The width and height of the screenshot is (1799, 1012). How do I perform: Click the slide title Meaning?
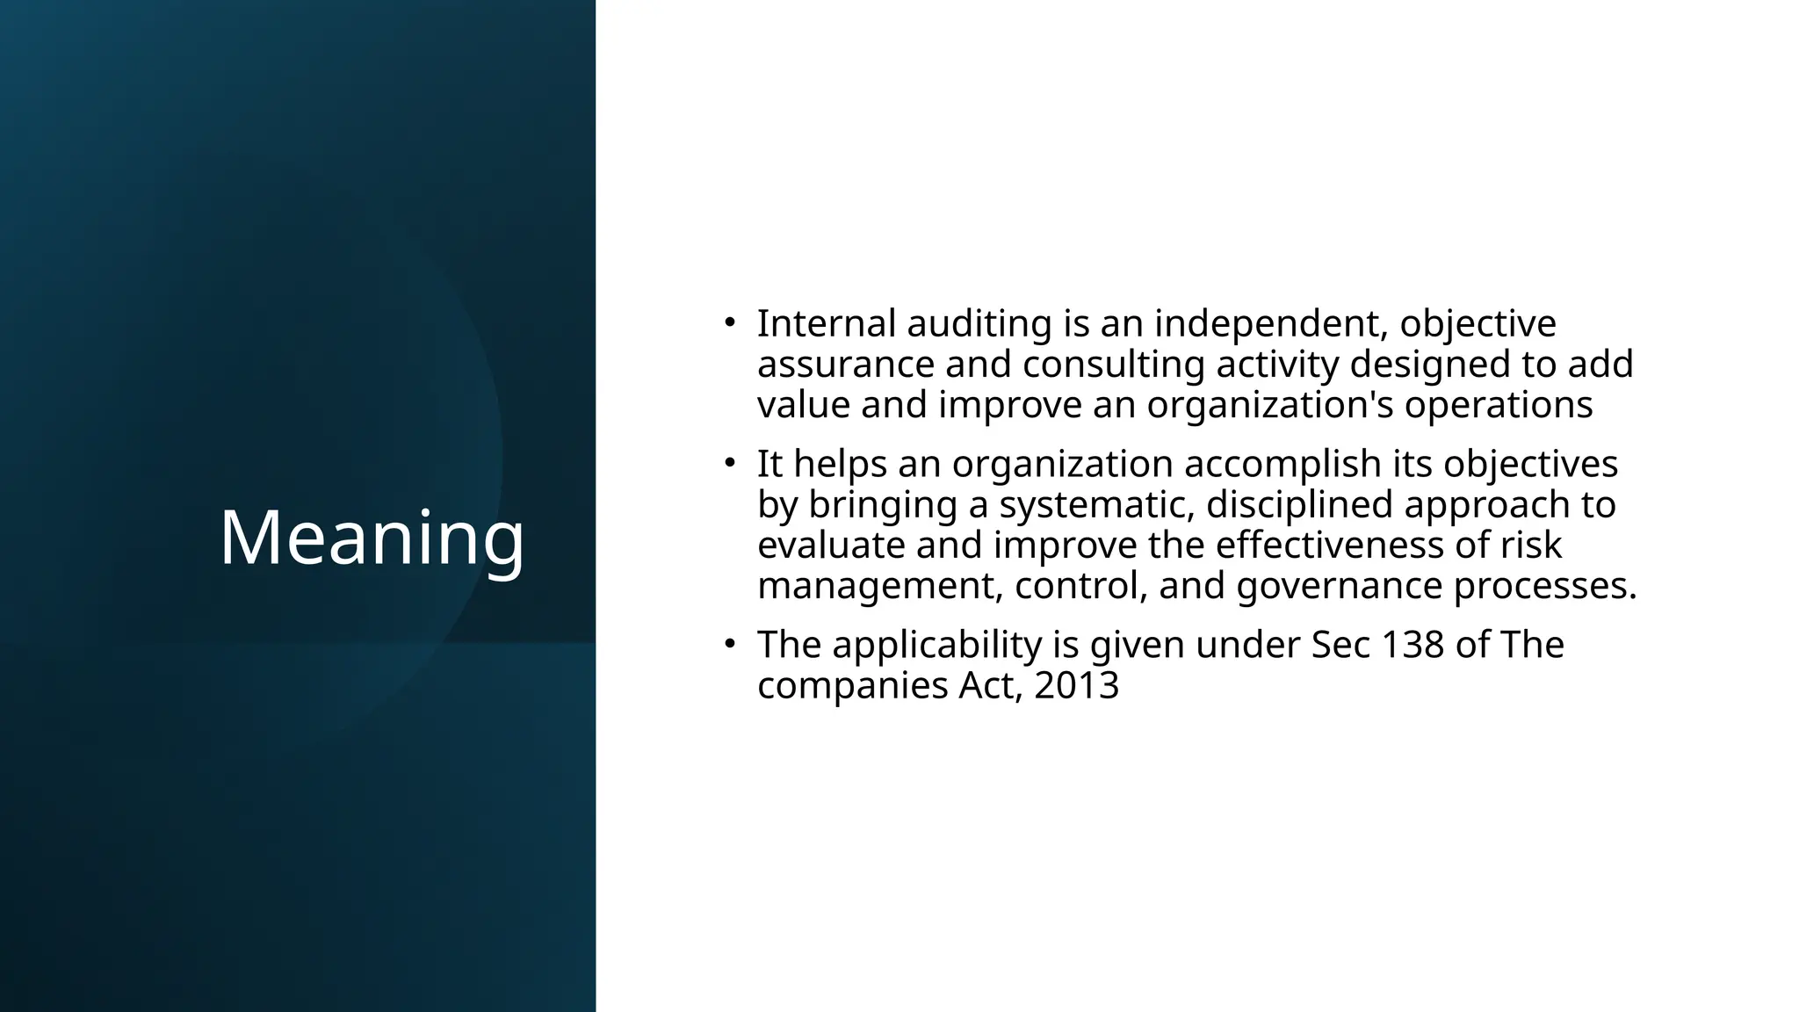click(372, 538)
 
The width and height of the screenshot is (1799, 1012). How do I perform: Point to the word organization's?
click(1270, 405)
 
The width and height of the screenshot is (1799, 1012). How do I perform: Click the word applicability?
click(956, 645)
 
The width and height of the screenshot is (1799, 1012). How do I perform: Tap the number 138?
click(1412, 645)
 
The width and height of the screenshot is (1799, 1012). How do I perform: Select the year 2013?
click(1076, 685)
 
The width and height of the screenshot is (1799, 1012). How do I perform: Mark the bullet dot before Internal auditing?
click(728, 323)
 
